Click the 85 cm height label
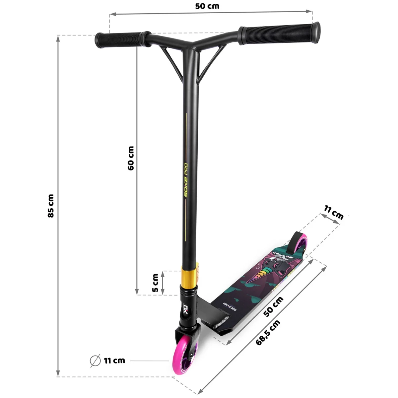tap(51, 206)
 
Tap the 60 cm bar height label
tap(131, 159)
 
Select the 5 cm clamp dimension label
tap(155, 283)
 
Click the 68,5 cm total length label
tap(268, 332)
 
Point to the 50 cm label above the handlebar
tap(207, 6)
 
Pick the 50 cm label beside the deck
tap(273, 307)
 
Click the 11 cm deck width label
tap(334, 213)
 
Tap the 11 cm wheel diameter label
tap(114, 361)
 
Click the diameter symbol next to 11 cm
tap(95, 361)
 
